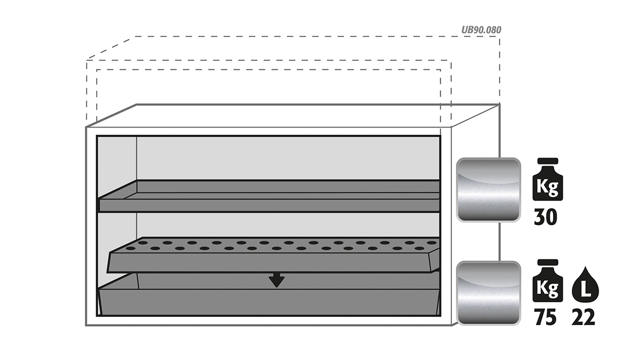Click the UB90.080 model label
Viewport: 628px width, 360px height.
(x=481, y=30)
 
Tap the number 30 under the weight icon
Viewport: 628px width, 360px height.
(x=546, y=217)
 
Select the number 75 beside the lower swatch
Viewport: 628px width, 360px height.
(x=546, y=317)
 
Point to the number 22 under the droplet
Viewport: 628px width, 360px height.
(x=583, y=317)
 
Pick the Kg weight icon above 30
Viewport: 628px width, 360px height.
(x=548, y=179)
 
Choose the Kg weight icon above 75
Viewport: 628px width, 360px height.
(x=548, y=281)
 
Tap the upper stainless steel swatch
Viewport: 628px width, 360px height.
(x=488, y=190)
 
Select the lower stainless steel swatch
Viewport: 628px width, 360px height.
(x=488, y=293)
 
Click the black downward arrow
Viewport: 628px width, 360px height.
(x=276, y=279)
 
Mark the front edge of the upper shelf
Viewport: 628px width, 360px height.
(x=269, y=205)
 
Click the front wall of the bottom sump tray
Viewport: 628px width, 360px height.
(x=269, y=302)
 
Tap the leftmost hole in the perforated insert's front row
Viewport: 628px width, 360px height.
(x=131, y=248)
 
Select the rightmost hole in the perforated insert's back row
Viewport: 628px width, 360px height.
(x=432, y=243)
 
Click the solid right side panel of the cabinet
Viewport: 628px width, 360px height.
(x=476, y=213)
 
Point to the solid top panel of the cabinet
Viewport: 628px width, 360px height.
(x=293, y=116)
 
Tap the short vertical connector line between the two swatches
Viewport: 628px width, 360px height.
(x=499, y=242)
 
